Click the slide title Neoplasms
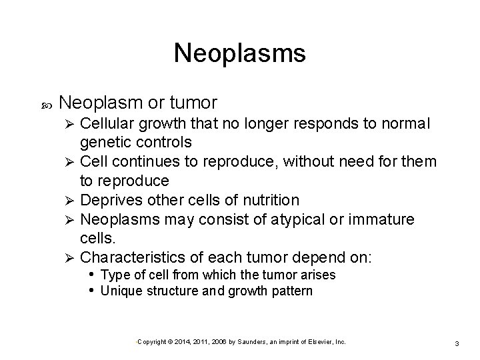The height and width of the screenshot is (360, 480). click(240, 53)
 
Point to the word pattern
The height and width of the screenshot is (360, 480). click(291, 291)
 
